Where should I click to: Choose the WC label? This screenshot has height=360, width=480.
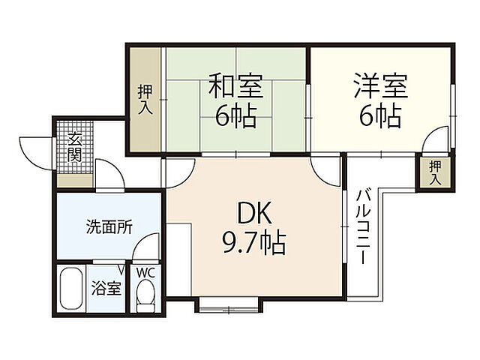[x=145, y=272]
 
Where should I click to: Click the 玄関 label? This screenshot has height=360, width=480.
[x=74, y=147]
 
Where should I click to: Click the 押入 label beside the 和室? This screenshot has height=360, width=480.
[x=144, y=100]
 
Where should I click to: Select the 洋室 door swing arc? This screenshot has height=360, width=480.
[x=434, y=141]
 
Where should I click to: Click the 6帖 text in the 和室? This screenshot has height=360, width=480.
[x=236, y=116]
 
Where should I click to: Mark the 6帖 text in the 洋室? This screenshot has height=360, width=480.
[x=380, y=116]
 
